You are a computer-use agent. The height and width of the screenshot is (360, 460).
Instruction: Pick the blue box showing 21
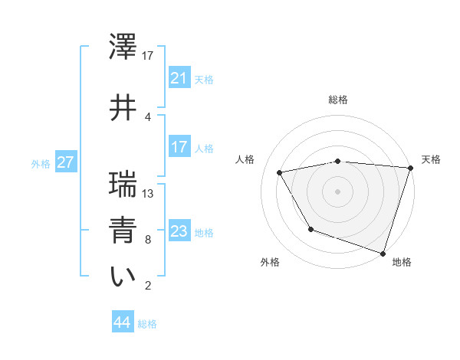tap(179, 77)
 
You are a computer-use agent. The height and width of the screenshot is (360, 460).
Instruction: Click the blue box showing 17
tap(179, 147)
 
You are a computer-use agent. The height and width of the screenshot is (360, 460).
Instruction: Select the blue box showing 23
tap(179, 231)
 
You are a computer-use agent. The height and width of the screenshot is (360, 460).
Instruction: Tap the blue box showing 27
tap(65, 162)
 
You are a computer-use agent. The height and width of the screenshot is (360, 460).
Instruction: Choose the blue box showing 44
tap(122, 322)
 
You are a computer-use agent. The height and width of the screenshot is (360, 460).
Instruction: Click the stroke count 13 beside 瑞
tap(149, 193)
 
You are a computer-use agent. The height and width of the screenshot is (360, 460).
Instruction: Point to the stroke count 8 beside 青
tap(148, 239)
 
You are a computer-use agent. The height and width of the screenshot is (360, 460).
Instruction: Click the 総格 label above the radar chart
tap(338, 100)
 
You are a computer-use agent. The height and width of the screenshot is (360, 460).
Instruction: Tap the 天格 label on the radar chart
tap(431, 159)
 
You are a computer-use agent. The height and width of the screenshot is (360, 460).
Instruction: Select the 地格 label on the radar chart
tap(402, 262)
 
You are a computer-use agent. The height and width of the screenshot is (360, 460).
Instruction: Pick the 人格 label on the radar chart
tap(246, 159)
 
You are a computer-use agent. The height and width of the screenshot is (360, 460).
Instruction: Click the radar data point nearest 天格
tap(410, 168)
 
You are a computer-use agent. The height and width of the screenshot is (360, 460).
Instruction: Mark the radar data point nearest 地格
tap(383, 252)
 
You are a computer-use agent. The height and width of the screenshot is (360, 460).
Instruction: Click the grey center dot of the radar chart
tap(338, 191)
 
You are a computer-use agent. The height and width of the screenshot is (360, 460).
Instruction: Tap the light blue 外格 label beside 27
tap(41, 163)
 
